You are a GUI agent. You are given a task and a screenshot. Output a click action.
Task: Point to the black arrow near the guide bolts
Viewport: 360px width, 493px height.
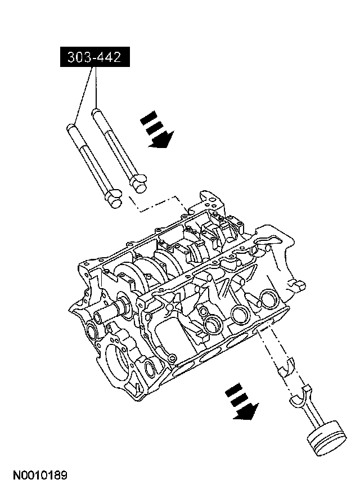(x=157, y=131)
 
